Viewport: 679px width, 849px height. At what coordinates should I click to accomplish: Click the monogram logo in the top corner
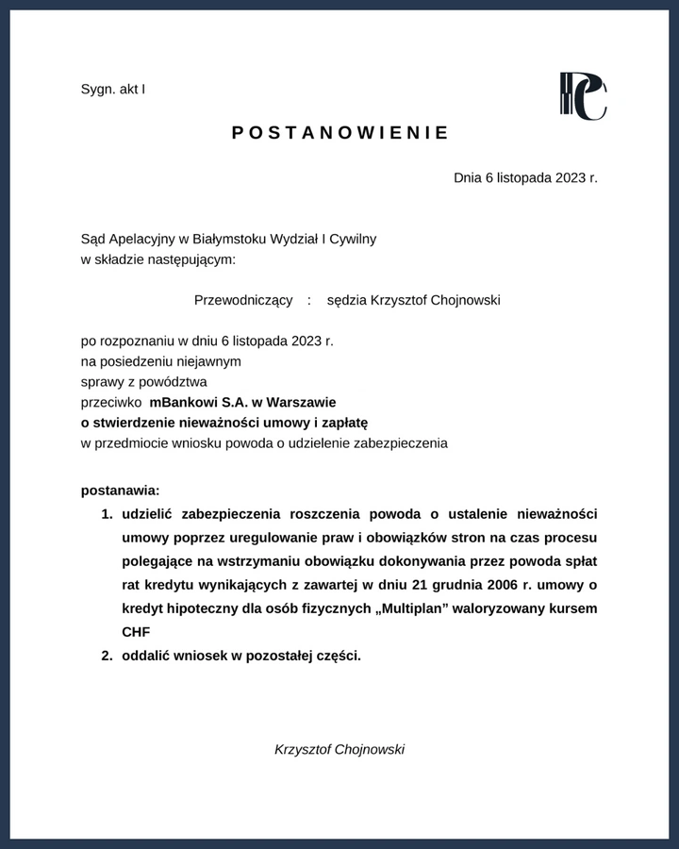[583, 96]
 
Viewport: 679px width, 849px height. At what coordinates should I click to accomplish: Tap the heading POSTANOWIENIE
[340, 133]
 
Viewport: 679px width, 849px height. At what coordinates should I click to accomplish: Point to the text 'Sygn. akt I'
[113, 89]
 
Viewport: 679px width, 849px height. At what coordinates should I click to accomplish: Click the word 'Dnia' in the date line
[468, 176]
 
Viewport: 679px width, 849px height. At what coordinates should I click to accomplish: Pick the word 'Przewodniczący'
[243, 300]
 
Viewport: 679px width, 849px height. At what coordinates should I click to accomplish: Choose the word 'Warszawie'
[301, 402]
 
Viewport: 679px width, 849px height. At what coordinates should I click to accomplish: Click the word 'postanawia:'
[121, 491]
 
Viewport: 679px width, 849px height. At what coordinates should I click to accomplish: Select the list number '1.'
[107, 514]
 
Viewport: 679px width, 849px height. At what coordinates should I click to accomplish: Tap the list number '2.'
[107, 656]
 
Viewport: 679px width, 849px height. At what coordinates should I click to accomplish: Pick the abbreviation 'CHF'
[136, 632]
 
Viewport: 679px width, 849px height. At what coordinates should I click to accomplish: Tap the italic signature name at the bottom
[339, 749]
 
